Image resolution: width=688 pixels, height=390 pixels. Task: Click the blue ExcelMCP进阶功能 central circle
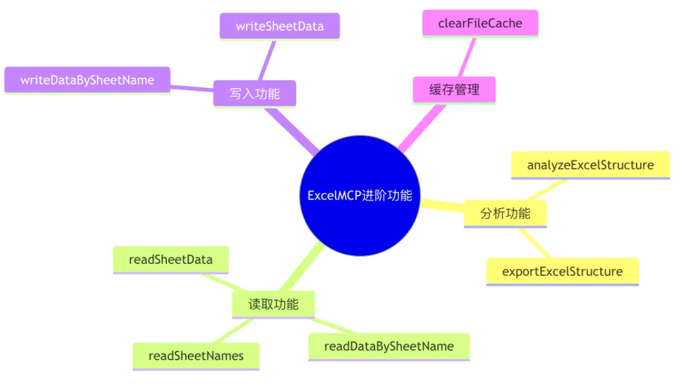point(359,196)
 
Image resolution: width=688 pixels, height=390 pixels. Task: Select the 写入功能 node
point(254,94)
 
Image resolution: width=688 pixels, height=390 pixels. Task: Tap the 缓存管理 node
point(454,90)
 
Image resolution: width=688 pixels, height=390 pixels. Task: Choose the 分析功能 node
point(505,213)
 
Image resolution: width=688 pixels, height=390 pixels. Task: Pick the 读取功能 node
point(273,304)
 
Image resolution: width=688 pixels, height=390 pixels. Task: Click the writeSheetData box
point(280,26)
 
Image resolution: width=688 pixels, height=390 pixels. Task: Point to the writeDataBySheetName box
point(87,80)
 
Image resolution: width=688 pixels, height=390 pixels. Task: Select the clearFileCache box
point(480,23)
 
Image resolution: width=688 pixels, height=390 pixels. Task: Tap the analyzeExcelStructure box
point(591,165)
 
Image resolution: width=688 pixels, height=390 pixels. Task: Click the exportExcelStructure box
point(563,271)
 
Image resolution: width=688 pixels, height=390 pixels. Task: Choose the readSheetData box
point(171,259)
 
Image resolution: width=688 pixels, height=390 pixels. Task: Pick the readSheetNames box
point(196,356)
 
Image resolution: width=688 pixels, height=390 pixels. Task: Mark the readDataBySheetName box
point(389,346)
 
